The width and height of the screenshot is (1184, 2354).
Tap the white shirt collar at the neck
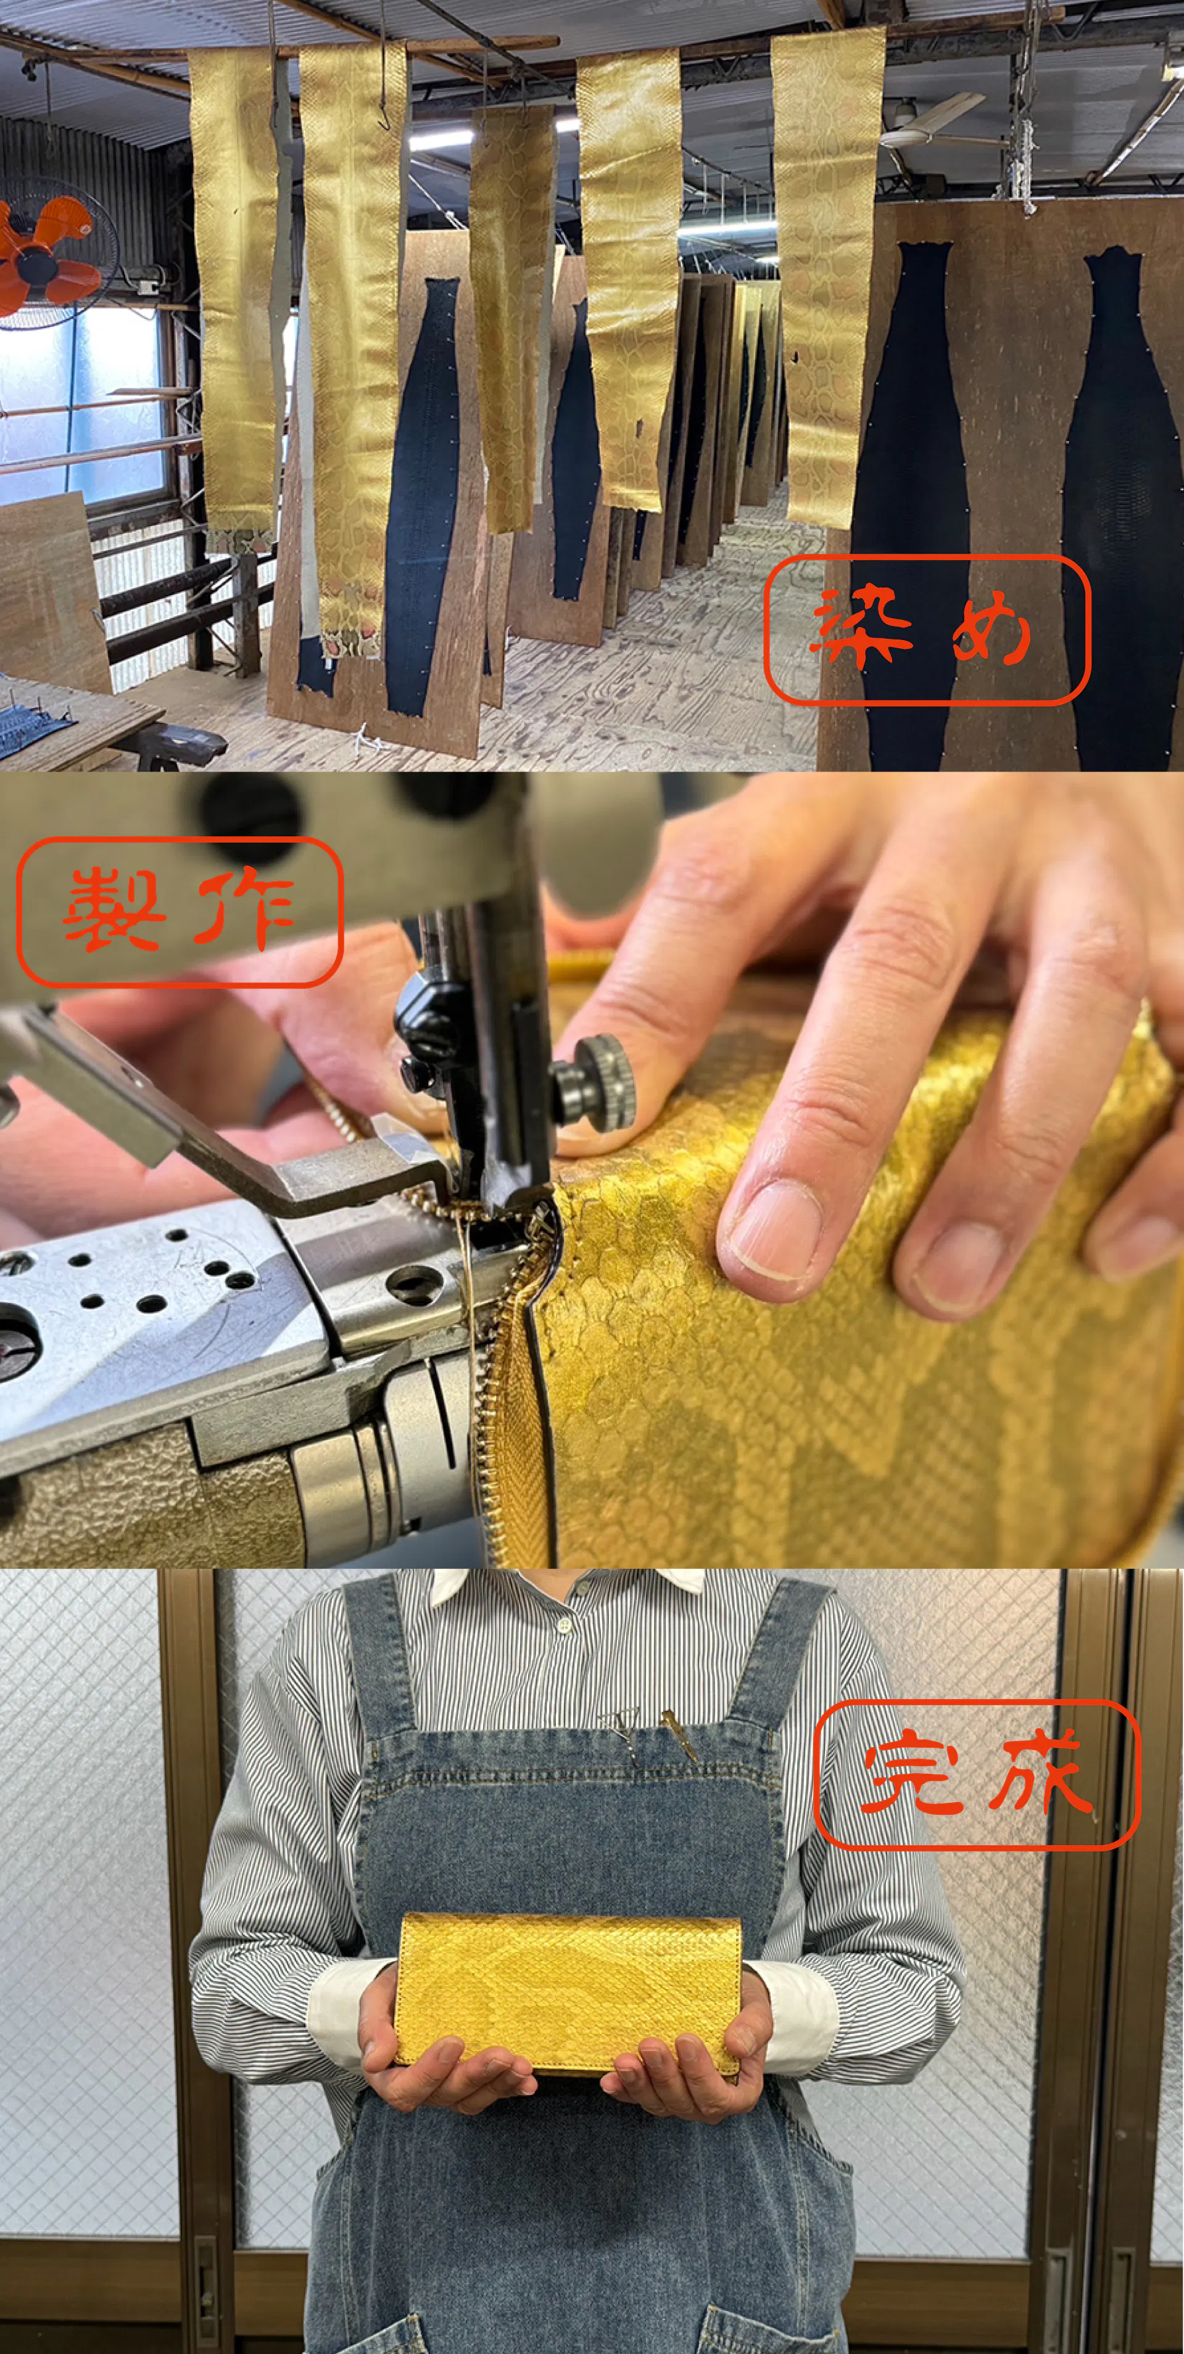pyautogui.click(x=567, y=1586)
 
